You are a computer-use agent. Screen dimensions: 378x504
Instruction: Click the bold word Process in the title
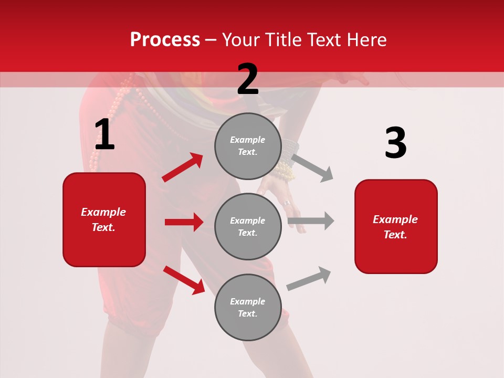pos(165,40)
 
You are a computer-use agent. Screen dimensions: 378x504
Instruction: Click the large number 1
pos(104,135)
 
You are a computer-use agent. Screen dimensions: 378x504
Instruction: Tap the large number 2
pos(248,79)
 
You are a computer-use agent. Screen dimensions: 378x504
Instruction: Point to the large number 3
pos(395,143)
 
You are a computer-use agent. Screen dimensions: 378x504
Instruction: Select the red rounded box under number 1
pos(104,219)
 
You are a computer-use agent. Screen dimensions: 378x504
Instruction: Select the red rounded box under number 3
pos(396,226)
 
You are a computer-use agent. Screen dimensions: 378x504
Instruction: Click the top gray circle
pos(248,146)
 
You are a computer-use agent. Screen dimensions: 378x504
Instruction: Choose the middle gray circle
pos(248,226)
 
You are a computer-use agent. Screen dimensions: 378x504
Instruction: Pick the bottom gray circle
pos(248,307)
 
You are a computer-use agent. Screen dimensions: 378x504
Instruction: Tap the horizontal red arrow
pos(184,222)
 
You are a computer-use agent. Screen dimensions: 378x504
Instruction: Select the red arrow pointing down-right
pos(184,280)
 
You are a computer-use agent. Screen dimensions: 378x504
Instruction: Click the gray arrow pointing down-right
pos(312,167)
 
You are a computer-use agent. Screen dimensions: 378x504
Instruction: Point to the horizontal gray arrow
pos(311,221)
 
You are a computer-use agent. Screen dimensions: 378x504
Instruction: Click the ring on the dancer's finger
pos(286,203)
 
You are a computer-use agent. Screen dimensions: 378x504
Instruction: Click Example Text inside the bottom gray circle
pos(248,307)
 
